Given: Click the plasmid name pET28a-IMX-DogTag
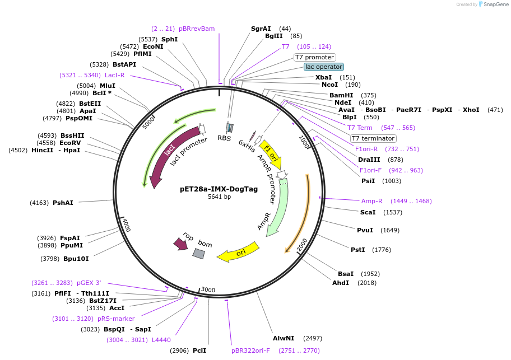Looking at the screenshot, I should (219, 189).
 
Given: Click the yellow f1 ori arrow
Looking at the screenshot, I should (272, 153).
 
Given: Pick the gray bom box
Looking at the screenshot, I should (199, 254).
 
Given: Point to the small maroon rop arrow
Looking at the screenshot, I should (181, 244).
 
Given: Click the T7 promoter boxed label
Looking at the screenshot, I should (315, 57).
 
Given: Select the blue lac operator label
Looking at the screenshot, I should (324, 67).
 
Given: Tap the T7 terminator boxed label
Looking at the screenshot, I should (373, 138).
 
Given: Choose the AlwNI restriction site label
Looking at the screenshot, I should (284, 339).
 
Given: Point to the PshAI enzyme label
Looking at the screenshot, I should (63, 203).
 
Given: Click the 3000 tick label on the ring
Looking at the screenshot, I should (208, 289).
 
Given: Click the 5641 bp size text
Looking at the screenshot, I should (219, 197).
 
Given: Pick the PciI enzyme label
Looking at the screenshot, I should (199, 350).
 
